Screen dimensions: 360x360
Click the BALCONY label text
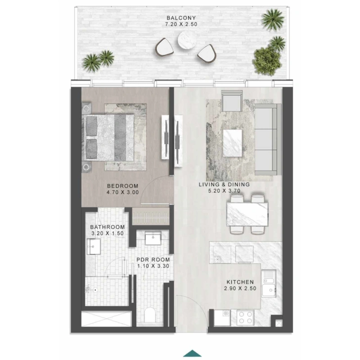pyautogui.click(x=181, y=18)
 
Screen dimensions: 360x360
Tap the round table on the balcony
pyautogui.click(x=186, y=40)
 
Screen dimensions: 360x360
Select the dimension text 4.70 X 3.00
pyautogui.click(x=122, y=193)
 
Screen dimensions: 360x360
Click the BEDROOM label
pyautogui.click(x=122, y=186)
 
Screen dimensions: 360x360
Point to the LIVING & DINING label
pyautogui.click(x=224, y=184)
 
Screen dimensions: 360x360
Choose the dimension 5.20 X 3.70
pyautogui.click(x=224, y=191)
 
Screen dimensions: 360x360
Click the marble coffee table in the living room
pyautogui.click(x=232, y=143)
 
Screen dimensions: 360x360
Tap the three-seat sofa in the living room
pyautogui.click(x=268, y=139)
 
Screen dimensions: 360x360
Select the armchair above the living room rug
pyautogui.click(x=232, y=101)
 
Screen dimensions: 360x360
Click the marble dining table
pyautogui.click(x=247, y=214)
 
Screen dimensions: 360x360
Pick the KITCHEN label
pyautogui.click(x=240, y=282)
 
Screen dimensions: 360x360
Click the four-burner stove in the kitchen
pyautogui.click(x=245, y=318)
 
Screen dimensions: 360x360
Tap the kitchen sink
pyautogui.click(x=269, y=283)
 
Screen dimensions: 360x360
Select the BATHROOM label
pyautogui.click(x=108, y=227)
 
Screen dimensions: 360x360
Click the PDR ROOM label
pyautogui.click(x=153, y=260)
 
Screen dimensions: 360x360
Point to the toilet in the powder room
pyautogui.click(x=150, y=315)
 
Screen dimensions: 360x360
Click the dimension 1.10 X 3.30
pyautogui.click(x=153, y=266)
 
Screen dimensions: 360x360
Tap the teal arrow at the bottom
pyautogui.click(x=193, y=353)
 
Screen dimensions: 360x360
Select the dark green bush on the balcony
pyautogui.click(x=267, y=61)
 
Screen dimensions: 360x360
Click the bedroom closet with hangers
pyautogui.click(x=151, y=216)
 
